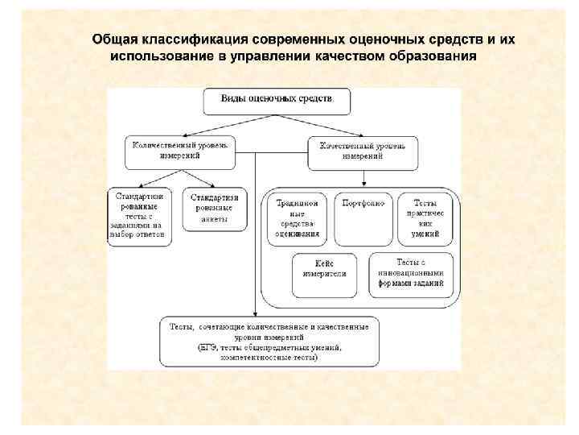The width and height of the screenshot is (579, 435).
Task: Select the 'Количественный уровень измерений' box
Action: pyautogui.click(x=180, y=151)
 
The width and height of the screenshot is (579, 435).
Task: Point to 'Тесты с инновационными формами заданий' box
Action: pyautogui.click(x=411, y=273)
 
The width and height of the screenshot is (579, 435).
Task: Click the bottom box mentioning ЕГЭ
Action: pyautogui.click(x=269, y=342)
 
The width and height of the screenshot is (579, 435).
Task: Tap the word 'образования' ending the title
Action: pyautogui.click(x=434, y=57)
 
